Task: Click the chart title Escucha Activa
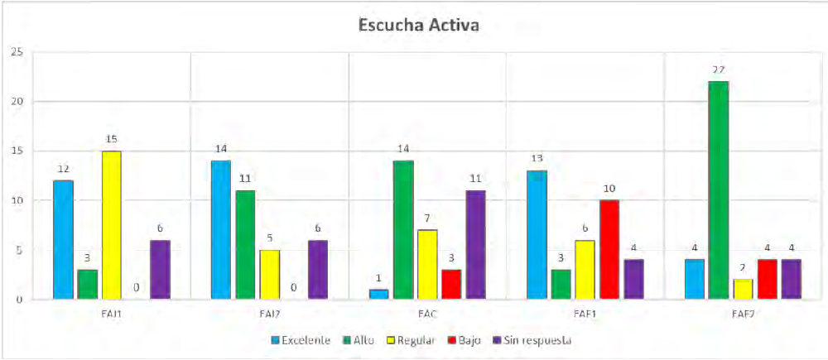point(418,25)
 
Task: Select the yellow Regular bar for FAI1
point(111,225)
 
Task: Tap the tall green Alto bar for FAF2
point(717,190)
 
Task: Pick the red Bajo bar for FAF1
point(609,249)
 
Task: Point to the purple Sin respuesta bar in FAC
point(475,244)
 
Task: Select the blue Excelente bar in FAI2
point(221,229)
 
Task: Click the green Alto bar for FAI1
point(87,284)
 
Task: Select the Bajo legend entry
point(463,340)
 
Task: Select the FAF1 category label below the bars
point(585,315)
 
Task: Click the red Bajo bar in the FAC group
point(451,284)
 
